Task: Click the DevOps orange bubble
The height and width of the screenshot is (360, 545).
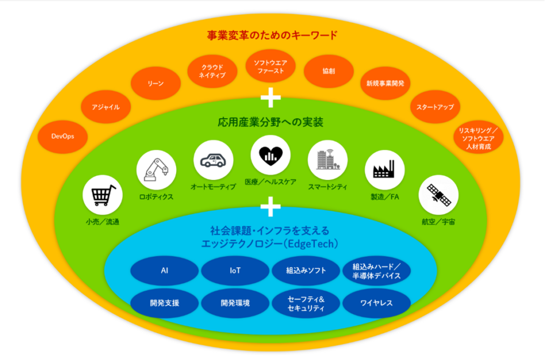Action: click(63, 136)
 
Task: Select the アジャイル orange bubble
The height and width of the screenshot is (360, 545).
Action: click(106, 107)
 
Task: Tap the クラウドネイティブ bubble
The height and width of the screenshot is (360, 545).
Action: click(212, 71)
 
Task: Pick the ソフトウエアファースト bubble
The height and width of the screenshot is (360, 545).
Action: click(271, 67)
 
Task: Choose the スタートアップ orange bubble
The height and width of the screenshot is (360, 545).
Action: click(435, 107)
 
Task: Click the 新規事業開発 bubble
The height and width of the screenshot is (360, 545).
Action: click(385, 83)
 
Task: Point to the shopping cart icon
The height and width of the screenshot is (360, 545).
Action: click(103, 195)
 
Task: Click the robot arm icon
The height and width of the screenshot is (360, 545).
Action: click(156, 170)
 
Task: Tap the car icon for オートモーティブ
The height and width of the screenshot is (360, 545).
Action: click(213, 160)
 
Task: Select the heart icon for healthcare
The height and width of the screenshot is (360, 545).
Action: click(271, 155)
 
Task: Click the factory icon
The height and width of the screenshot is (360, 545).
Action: click(385, 170)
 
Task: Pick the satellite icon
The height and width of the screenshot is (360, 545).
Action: click(439, 195)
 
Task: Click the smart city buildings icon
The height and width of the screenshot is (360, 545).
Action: click(328, 160)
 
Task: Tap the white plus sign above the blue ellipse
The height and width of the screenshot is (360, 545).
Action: click(271, 206)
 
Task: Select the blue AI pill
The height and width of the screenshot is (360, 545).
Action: click(164, 271)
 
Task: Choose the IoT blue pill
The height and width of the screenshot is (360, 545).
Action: click(235, 271)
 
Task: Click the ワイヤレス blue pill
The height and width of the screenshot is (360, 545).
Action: click(377, 303)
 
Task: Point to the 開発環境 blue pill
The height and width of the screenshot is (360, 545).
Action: click(235, 303)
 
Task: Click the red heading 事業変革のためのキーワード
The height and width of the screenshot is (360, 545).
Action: click(272, 36)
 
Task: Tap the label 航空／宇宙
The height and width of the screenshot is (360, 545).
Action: click(439, 222)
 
